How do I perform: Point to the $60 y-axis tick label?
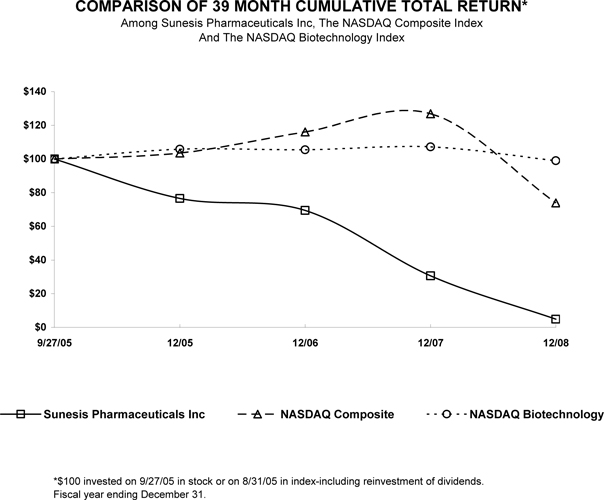pyautogui.click(x=35, y=226)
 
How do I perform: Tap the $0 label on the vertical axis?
pyautogui.click(x=40, y=327)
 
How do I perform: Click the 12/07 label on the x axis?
pyautogui.click(x=430, y=343)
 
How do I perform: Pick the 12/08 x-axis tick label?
pyautogui.click(x=555, y=343)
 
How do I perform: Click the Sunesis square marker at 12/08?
pyautogui.click(x=555, y=319)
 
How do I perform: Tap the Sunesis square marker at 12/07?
pyautogui.click(x=430, y=276)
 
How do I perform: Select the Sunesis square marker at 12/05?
pyautogui.click(x=180, y=198)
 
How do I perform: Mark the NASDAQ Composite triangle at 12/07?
pyautogui.click(x=430, y=114)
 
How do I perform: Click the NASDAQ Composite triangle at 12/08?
pyautogui.click(x=555, y=203)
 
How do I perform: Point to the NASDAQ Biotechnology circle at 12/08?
pyautogui.click(x=555, y=160)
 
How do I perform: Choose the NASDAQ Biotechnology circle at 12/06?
pyautogui.click(x=305, y=149)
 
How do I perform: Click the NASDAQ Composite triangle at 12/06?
pyautogui.click(x=305, y=132)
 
